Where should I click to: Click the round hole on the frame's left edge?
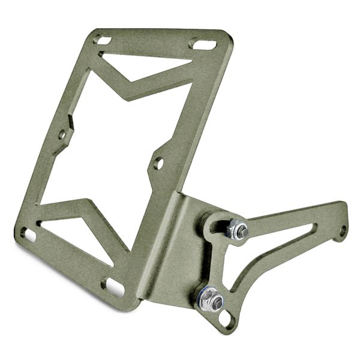(62, 135)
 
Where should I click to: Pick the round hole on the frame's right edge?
(158, 163)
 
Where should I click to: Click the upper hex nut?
(237, 229)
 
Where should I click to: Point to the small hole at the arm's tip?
(342, 230)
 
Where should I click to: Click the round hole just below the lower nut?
(226, 319)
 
